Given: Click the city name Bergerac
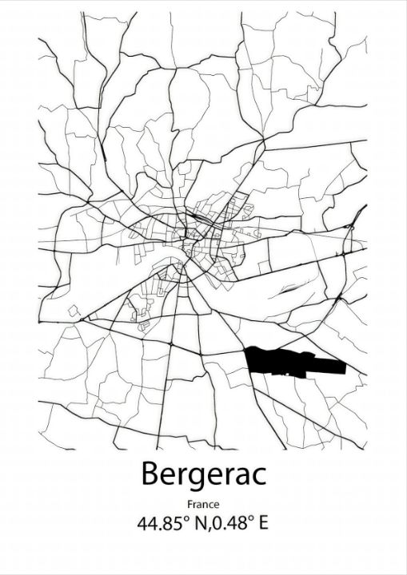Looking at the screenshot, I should tap(203, 474).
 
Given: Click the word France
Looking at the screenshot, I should tap(203, 504).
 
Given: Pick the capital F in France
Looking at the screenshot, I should tap(190, 504).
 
